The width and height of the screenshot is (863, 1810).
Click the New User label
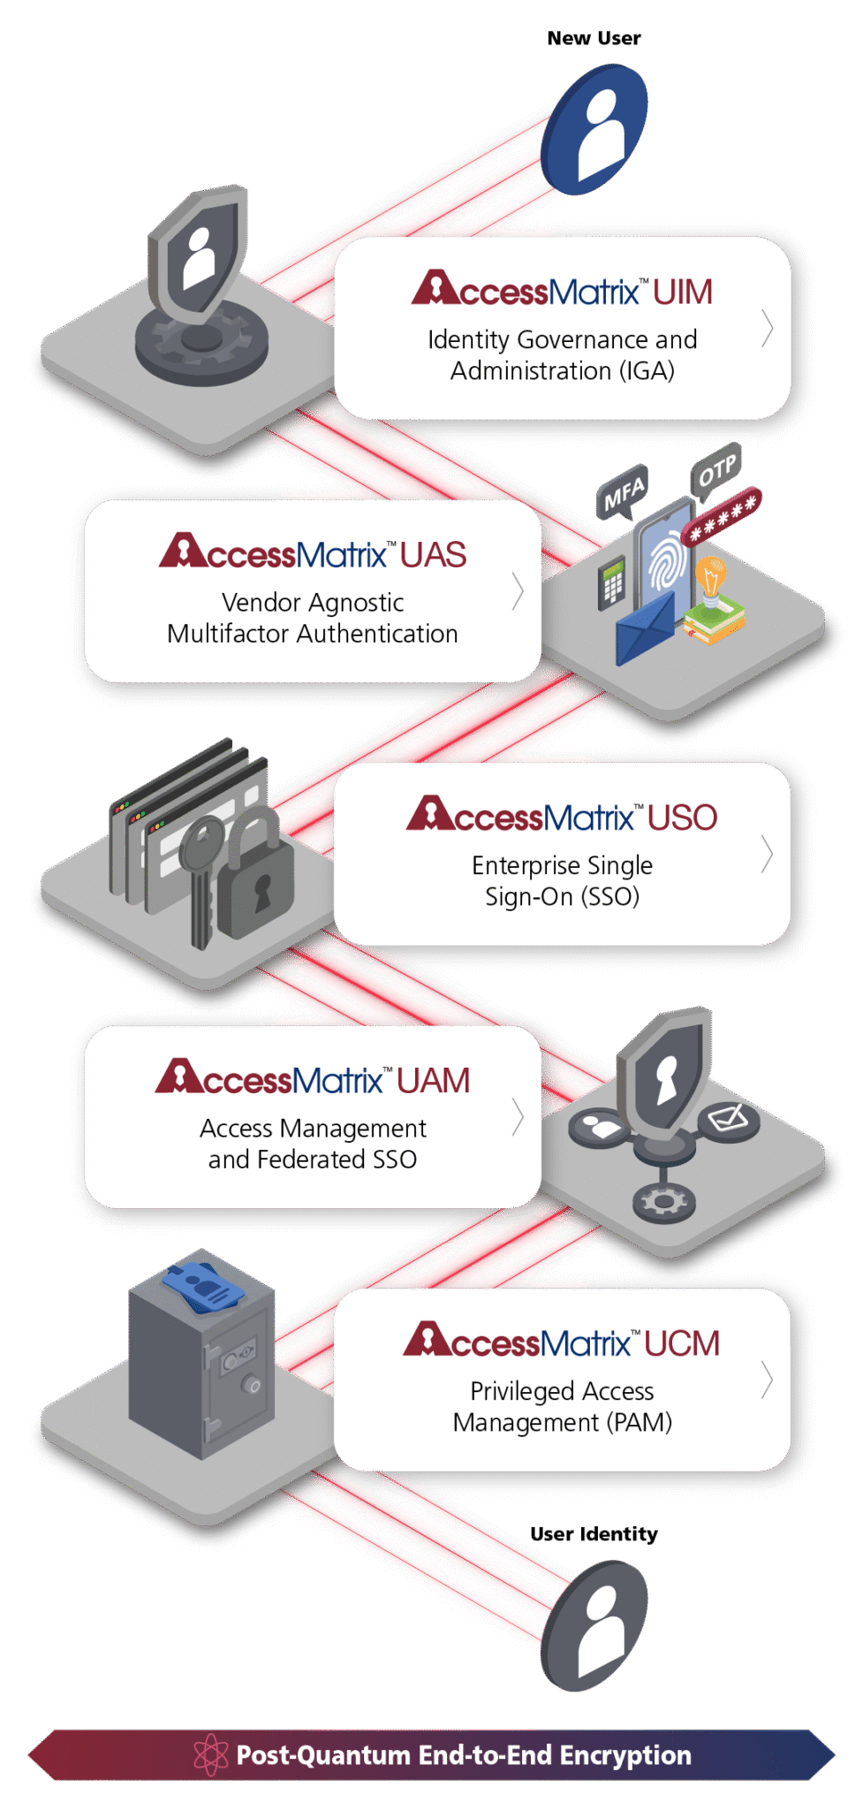(x=594, y=38)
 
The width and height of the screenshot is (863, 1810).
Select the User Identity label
(x=594, y=1534)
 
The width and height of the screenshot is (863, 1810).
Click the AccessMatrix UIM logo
(x=562, y=290)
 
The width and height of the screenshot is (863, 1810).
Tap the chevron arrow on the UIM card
(x=767, y=328)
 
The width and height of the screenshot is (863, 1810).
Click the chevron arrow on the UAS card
(x=518, y=590)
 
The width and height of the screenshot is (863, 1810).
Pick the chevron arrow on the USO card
(x=767, y=855)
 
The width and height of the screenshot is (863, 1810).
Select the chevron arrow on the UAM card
(x=518, y=1116)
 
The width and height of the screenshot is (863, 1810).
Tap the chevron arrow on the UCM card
(x=767, y=1380)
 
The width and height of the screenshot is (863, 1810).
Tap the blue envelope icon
(x=645, y=627)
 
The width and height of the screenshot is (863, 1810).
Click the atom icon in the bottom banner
(x=211, y=1754)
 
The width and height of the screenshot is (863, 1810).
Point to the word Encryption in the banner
(x=625, y=1754)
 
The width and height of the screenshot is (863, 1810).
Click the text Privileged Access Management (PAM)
(x=562, y=1406)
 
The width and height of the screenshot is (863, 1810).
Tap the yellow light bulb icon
(x=710, y=580)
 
